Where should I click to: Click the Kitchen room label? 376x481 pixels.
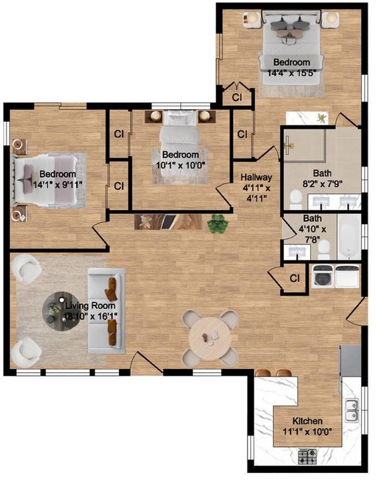[x=307, y=421]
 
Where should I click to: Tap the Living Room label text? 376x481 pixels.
[x=90, y=306]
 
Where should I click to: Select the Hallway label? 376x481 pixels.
[x=256, y=177]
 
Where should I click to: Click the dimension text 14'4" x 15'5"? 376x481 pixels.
[x=291, y=73]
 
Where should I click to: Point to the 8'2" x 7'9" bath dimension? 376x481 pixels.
[x=322, y=184]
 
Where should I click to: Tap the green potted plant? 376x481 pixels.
[x=217, y=224]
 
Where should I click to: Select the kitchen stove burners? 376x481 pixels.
[x=307, y=457]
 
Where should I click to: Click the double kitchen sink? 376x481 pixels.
[x=352, y=410]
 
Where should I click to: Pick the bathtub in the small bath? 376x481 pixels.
[x=349, y=237]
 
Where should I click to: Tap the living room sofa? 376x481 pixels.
[x=106, y=311]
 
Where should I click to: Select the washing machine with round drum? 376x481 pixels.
[x=323, y=277]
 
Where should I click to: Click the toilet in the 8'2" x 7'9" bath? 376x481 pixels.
[x=296, y=199]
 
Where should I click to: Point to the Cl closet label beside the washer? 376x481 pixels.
[x=295, y=278]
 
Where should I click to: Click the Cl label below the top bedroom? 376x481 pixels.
[x=237, y=97]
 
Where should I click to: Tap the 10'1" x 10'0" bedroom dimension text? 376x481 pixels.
[x=180, y=165]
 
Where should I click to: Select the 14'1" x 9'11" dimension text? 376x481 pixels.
[x=58, y=185]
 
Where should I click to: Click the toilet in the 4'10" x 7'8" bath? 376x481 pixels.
[x=323, y=249]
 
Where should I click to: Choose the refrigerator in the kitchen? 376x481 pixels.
[x=350, y=361]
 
